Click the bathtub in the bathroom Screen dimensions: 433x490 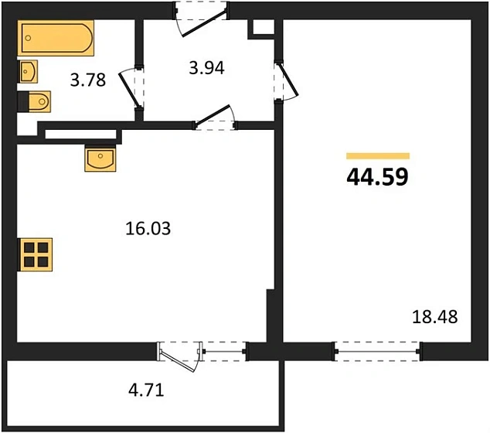pos(56,38)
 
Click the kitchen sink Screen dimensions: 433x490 pos(101,159)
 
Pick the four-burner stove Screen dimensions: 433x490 pos(36,253)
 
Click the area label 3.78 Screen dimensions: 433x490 pos(87,79)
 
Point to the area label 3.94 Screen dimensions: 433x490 pos(206,68)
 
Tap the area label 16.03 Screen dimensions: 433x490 pos(147,229)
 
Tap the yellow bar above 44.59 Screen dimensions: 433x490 pos(377,155)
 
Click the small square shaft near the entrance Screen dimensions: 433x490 pos(262,27)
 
